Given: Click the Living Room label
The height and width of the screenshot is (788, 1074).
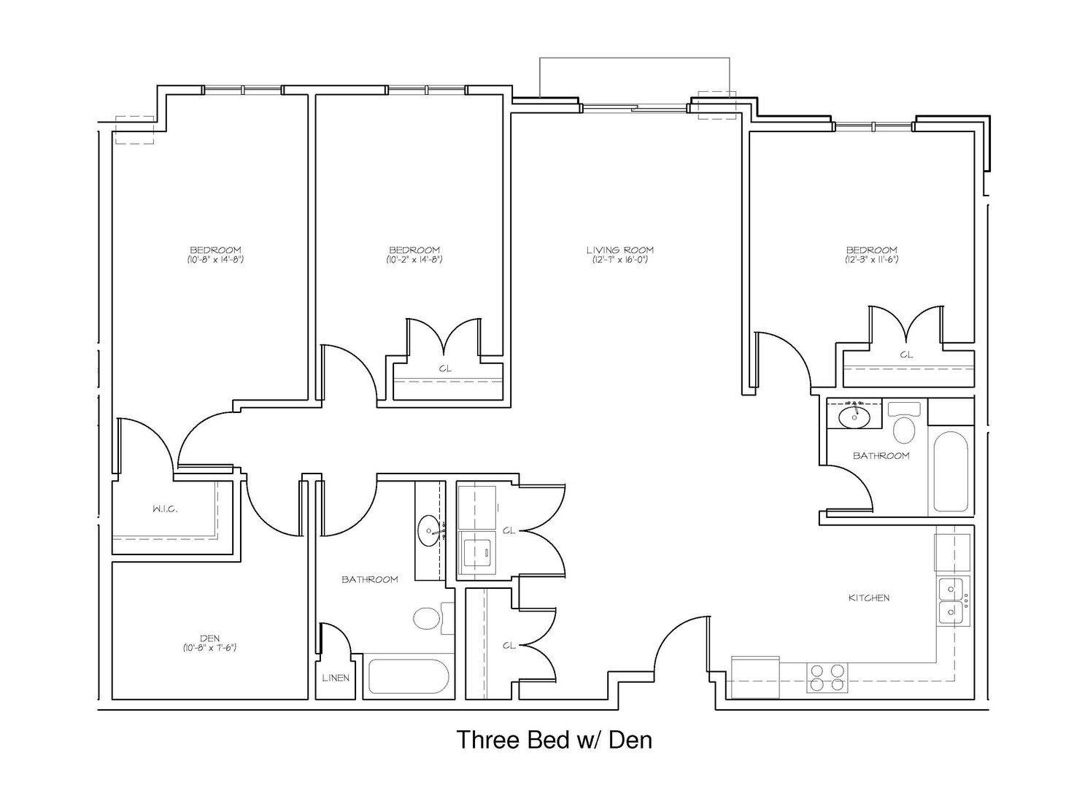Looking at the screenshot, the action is tap(620, 250).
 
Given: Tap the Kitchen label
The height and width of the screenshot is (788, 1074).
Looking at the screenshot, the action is tap(869, 598).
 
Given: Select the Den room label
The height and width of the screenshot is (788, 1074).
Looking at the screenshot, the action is tap(210, 638).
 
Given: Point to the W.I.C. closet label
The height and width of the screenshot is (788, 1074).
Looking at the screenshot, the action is tap(165, 509).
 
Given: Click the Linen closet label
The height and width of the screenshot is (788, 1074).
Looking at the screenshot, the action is tap(336, 678).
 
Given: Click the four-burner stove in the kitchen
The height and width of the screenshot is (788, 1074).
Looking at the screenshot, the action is tap(827, 677).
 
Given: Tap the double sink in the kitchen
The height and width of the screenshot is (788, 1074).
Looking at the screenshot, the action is tap(951, 600).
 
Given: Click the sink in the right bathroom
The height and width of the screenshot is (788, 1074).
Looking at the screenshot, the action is tap(854, 417).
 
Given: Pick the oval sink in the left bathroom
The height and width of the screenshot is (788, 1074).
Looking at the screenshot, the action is tap(429, 531).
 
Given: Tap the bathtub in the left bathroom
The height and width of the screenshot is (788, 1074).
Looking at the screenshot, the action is tap(409, 676).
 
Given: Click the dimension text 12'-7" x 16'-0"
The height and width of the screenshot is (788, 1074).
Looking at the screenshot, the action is tap(620, 260).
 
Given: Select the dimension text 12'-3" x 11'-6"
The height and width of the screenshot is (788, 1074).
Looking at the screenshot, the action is tap(871, 260).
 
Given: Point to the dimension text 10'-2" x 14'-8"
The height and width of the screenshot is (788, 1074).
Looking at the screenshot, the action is tap(414, 260).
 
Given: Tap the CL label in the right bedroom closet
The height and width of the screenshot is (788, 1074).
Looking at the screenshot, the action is tap(906, 355).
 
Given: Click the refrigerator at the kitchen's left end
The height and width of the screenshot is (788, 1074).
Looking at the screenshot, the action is tap(755, 677).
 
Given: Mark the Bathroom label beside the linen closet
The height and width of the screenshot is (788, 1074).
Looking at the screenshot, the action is tap(370, 579).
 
